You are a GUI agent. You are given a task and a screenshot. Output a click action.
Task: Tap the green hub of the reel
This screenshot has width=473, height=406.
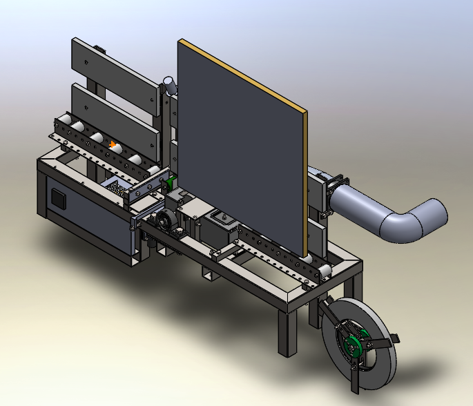coord(353,344)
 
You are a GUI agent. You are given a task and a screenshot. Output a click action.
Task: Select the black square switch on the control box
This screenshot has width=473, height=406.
coord(59,200)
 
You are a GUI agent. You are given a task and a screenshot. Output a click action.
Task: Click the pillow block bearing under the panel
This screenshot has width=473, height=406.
coord(166,223)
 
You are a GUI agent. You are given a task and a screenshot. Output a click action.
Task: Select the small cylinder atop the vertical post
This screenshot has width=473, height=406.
coord(168,85)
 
